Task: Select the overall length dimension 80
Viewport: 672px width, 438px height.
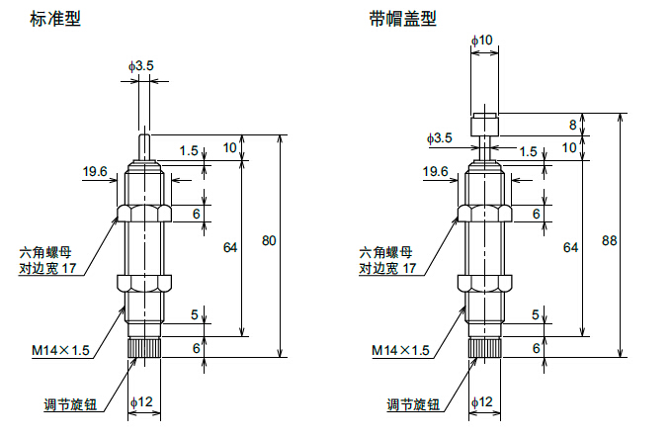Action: pos(269,240)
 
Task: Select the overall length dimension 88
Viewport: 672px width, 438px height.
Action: pos(608,240)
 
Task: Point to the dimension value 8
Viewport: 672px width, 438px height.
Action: pos(571,125)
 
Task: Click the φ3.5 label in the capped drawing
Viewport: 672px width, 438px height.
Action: pos(440,138)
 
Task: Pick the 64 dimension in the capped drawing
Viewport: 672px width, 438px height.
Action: pos(570,247)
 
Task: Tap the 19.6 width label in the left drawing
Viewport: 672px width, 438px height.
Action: pos(95,172)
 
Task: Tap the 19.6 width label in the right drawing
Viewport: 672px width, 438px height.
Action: pos(436,172)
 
